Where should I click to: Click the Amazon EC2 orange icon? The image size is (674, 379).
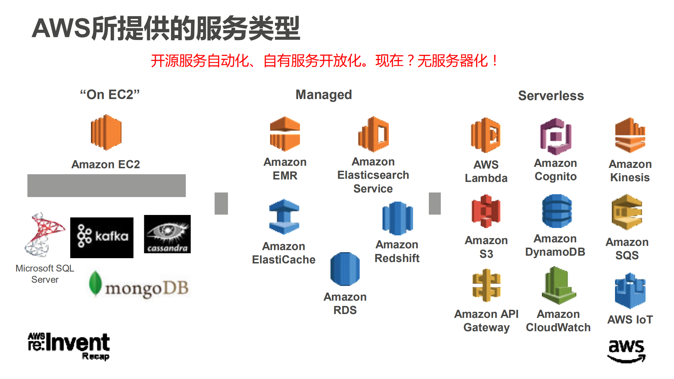point(106,132)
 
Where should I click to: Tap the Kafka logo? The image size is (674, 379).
point(102,237)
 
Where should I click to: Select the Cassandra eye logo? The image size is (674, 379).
point(167,234)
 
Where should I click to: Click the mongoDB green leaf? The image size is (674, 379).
point(95,283)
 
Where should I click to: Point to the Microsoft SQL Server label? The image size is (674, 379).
point(45,274)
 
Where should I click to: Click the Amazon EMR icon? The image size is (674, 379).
point(285,134)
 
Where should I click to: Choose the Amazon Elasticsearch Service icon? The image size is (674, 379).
point(373,134)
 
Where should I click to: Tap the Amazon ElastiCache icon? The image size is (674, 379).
point(284,217)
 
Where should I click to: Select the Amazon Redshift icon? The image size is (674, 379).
point(397,218)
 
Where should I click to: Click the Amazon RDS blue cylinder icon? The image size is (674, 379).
point(345,269)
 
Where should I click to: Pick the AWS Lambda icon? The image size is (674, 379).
point(486,135)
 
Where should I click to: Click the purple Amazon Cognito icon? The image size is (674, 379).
point(556,136)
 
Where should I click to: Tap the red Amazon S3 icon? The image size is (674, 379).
point(486,211)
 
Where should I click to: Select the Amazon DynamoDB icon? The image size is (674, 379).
point(557,211)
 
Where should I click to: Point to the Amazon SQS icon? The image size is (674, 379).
point(627,212)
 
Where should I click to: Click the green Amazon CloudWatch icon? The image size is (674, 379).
point(558,285)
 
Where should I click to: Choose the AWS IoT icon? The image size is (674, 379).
point(630,291)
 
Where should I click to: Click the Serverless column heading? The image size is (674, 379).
point(551,96)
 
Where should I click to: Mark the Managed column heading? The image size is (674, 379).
point(323,94)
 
